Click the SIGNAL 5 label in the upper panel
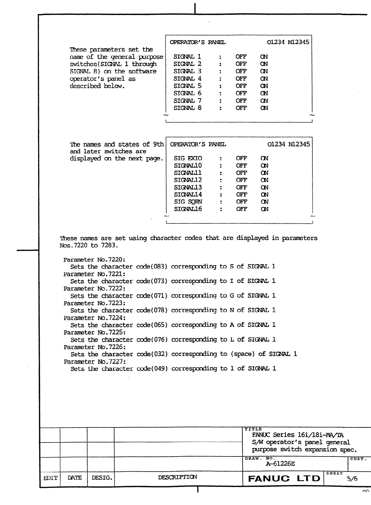point(188,86)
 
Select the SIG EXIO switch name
point(188,158)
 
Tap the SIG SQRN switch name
point(188,202)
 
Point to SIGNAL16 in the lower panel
point(188,209)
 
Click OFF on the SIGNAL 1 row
point(241,57)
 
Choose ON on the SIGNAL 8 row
point(264,108)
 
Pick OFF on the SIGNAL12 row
point(241,180)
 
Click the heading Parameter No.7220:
point(94,260)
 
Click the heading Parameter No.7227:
point(95,362)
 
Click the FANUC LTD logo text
point(284,478)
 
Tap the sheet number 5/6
point(352,479)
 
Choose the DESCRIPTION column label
point(177,478)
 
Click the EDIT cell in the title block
point(49,478)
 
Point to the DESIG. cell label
point(101,478)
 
